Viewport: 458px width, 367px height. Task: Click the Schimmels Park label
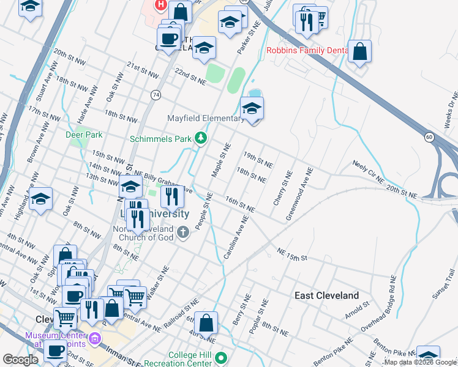(160, 139)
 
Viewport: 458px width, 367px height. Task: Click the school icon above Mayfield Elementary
(252, 109)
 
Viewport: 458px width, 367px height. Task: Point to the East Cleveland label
(326, 295)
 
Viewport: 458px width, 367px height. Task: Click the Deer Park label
(84, 135)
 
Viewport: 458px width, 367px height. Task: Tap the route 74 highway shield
(156, 95)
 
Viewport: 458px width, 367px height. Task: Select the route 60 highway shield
(429, 136)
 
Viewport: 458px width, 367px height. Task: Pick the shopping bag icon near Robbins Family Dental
(360, 52)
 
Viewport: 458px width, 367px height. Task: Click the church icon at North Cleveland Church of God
(183, 232)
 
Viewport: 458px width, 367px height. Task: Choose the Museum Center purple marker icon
(95, 338)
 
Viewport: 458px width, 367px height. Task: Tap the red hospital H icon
(160, 5)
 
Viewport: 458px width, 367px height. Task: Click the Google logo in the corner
(20, 360)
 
